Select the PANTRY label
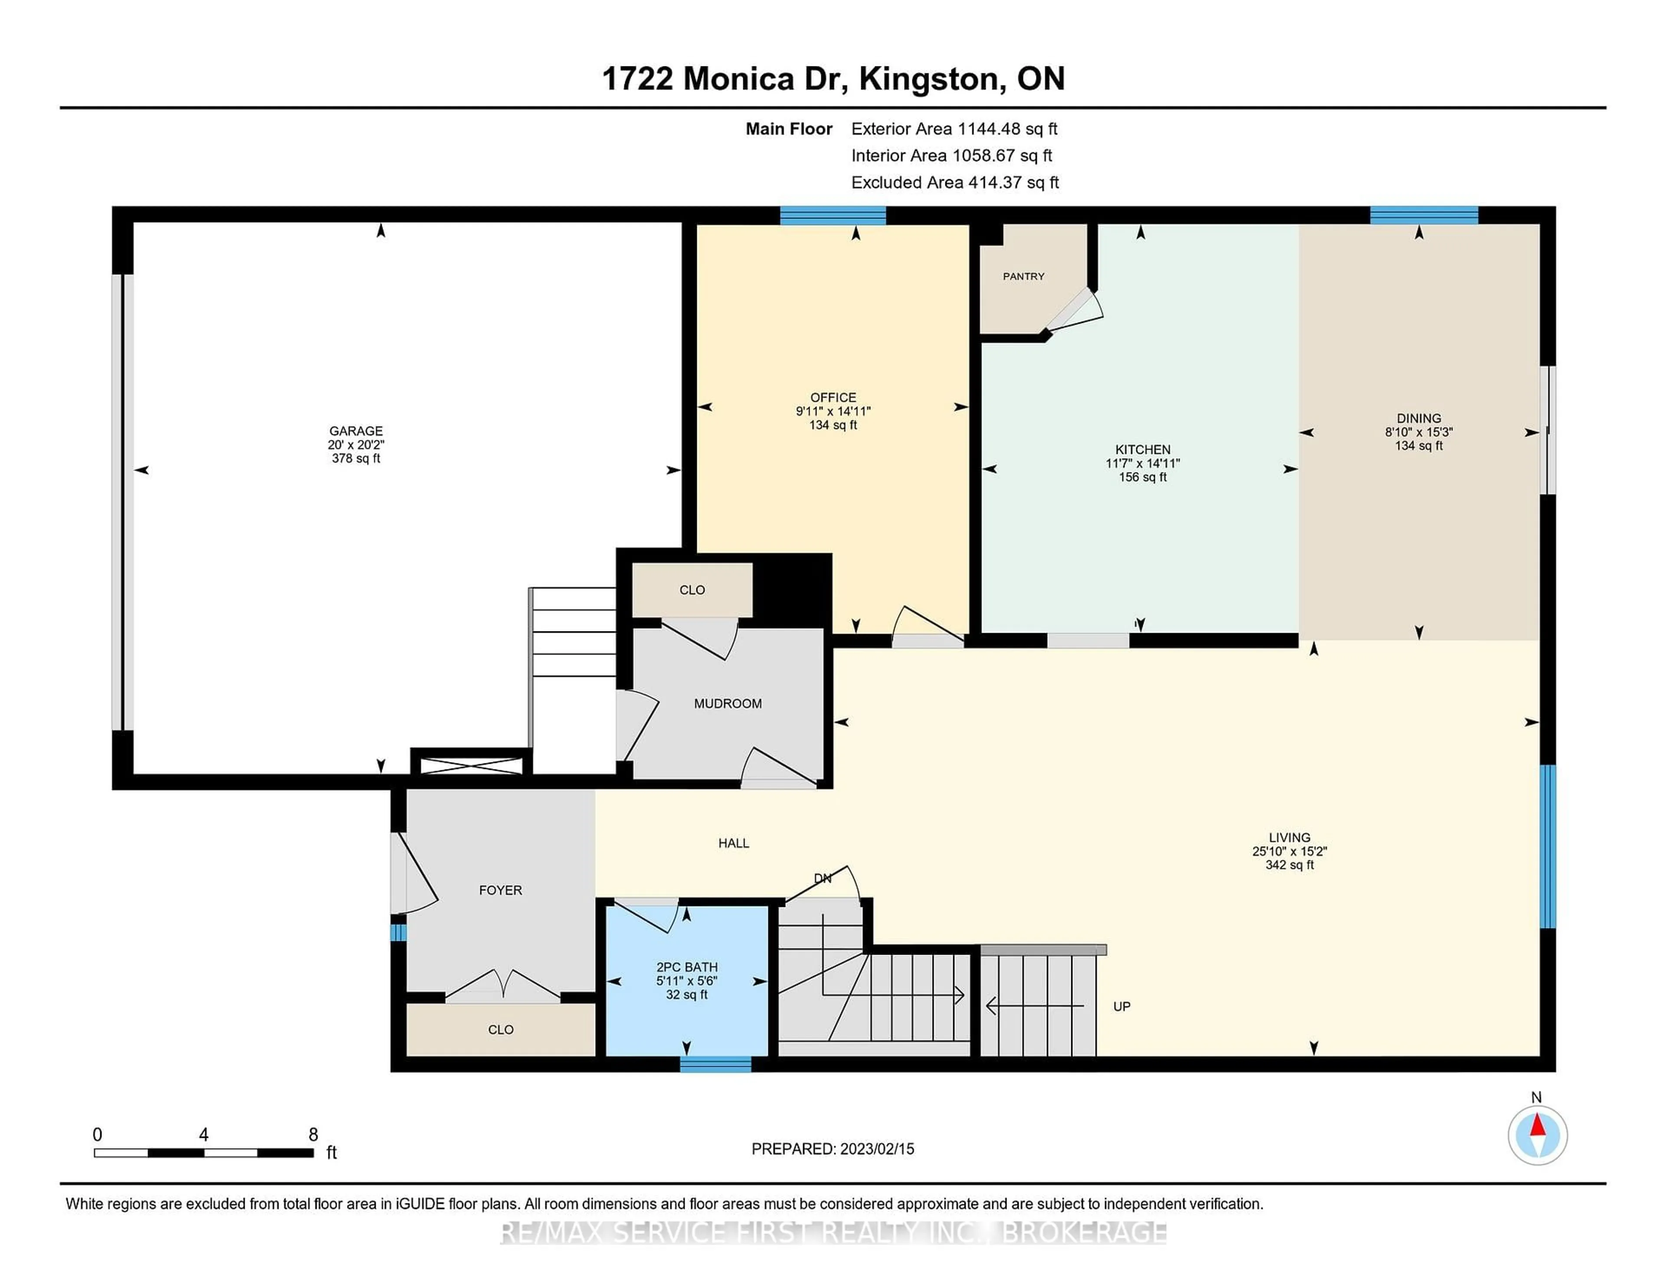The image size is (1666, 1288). point(1023,276)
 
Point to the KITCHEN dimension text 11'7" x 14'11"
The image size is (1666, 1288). point(1143,463)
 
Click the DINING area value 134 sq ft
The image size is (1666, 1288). point(1419,446)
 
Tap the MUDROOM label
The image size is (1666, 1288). point(728,703)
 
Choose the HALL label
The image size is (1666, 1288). point(734,843)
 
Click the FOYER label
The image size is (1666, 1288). point(500,890)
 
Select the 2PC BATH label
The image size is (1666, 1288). point(686,967)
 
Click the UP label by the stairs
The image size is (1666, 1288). point(1122,1006)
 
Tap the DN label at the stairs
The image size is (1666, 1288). point(822,878)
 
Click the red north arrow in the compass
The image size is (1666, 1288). point(1538,1126)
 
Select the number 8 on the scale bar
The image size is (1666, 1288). point(313,1135)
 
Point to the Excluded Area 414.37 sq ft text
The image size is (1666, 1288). point(955,182)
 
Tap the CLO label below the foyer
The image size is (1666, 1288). point(500,1029)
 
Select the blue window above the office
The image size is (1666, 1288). point(833,215)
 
